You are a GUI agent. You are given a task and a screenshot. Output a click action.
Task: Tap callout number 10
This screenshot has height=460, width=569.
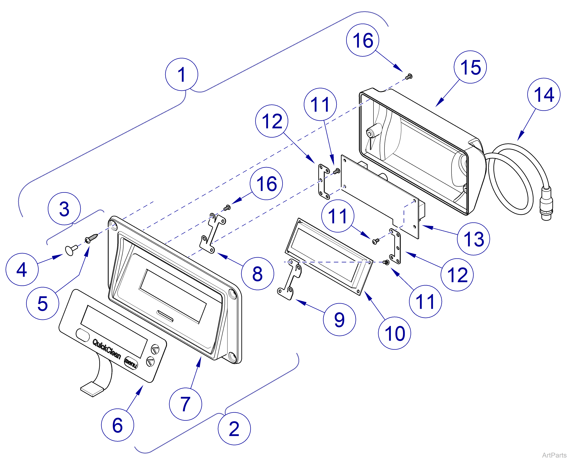coord(394,333)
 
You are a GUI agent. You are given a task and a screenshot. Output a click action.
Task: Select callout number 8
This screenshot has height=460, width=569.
coord(257,274)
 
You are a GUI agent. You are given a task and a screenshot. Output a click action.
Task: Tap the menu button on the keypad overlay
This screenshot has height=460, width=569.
coord(131,363)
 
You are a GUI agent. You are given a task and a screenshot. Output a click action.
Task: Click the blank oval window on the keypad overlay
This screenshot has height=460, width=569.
coord(83,335)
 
